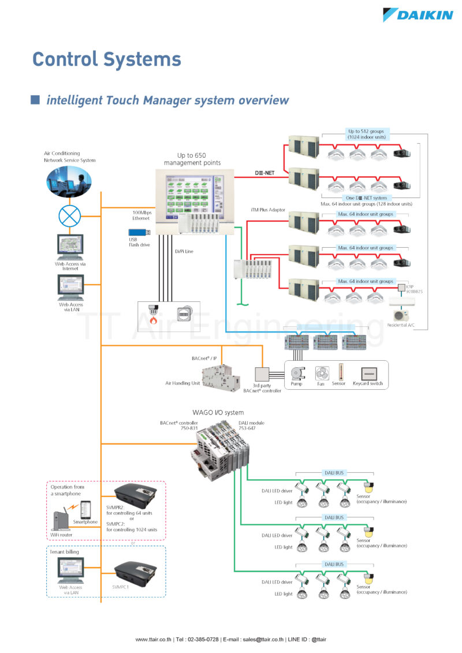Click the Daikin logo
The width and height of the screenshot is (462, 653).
pos(418,14)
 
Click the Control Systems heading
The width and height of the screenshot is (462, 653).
pos(107,59)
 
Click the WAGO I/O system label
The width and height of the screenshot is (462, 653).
pos(218,413)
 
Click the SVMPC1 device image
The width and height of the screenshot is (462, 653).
pos(135,573)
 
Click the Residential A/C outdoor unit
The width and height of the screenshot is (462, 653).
pos(401,315)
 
